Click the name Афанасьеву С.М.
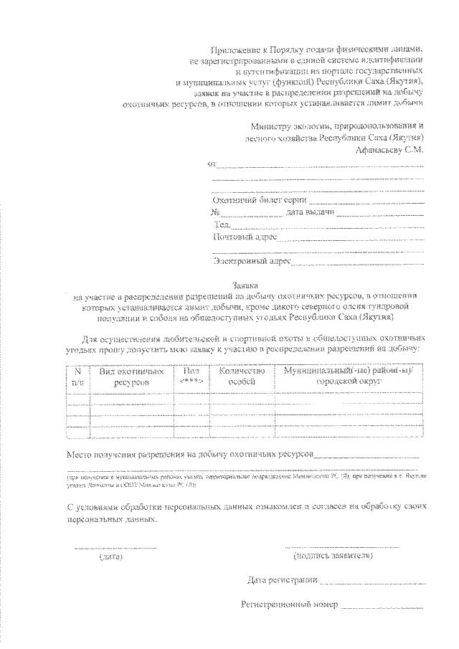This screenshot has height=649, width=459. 390,151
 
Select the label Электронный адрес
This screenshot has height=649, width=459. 250,262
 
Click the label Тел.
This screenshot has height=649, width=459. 220,224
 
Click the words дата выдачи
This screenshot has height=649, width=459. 310,213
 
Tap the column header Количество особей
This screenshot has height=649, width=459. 242,377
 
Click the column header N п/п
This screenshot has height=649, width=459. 77,377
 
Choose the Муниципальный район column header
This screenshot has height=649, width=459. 349,377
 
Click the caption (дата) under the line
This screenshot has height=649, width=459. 111,556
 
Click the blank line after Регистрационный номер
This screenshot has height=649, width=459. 381,607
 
